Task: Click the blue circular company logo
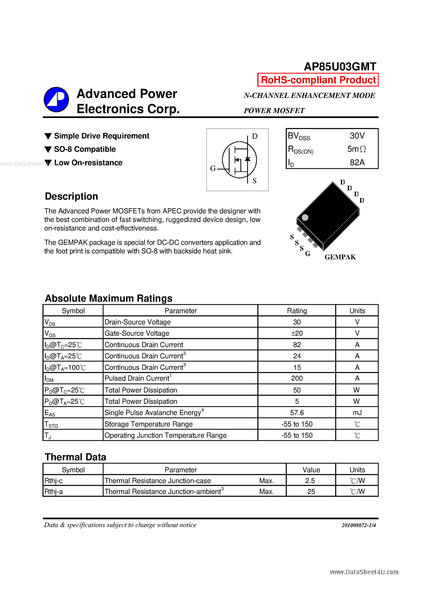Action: (56, 99)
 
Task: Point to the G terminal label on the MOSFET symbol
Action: (213, 169)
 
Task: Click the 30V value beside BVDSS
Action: (357, 136)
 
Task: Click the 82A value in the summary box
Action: (357, 163)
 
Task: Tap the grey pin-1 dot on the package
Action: (305, 217)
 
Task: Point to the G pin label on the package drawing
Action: (308, 253)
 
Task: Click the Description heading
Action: (71, 196)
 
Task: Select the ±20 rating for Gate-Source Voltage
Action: (297, 333)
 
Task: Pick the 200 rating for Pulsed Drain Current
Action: (297, 378)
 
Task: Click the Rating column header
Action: (297, 311)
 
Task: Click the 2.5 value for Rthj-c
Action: (310, 481)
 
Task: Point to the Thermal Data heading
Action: (75, 457)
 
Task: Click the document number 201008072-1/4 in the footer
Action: (358, 525)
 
